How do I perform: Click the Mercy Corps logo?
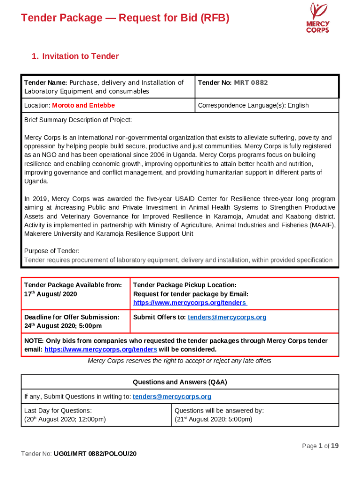pyautogui.click(x=317, y=18)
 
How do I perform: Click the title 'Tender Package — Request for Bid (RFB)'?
pyautogui.click(x=125, y=18)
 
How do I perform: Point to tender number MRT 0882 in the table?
pyautogui.click(x=251, y=83)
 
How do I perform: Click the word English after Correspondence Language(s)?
pyautogui.click(x=298, y=105)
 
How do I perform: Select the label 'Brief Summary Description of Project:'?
pyautogui.click(x=78, y=120)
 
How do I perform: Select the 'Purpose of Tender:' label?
pyautogui.click(x=51, y=251)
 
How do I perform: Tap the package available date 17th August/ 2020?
pyautogui.click(x=50, y=294)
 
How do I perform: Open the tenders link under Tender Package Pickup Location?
pyautogui.click(x=190, y=303)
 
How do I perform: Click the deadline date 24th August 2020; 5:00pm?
pyautogui.click(x=63, y=326)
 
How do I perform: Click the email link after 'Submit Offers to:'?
pyautogui.click(x=227, y=317)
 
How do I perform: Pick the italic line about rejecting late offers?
pyautogui.click(x=180, y=361)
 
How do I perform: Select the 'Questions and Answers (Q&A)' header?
pyautogui.click(x=180, y=382)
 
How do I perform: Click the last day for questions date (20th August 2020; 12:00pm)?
pyautogui.click(x=65, y=419)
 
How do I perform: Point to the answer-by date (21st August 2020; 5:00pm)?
pyautogui.click(x=213, y=419)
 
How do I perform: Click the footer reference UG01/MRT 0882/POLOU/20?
pyautogui.click(x=95, y=454)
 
